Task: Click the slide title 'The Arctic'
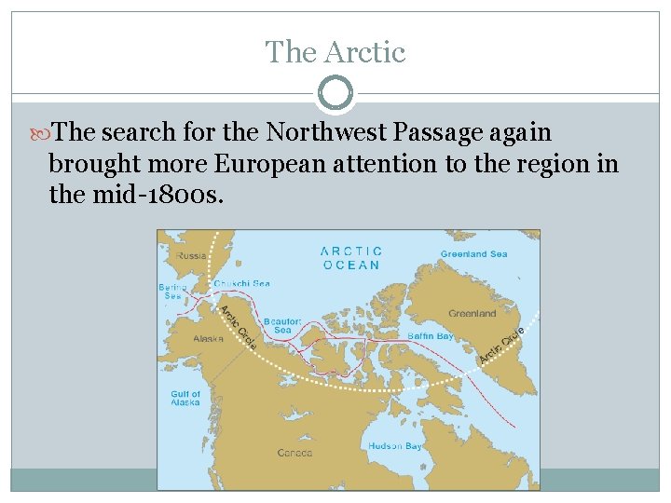click(335, 52)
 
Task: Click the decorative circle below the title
click(335, 94)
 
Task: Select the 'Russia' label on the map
click(192, 253)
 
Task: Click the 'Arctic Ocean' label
click(350, 257)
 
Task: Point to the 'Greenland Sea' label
click(473, 253)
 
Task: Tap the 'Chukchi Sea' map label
click(241, 284)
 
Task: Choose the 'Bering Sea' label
click(171, 292)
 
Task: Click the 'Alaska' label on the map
click(208, 338)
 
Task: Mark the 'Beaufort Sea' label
click(281, 325)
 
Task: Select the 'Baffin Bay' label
click(430, 335)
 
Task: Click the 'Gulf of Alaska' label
click(185, 398)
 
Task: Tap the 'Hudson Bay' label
click(394, 446)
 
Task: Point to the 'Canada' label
click(294, 453)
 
